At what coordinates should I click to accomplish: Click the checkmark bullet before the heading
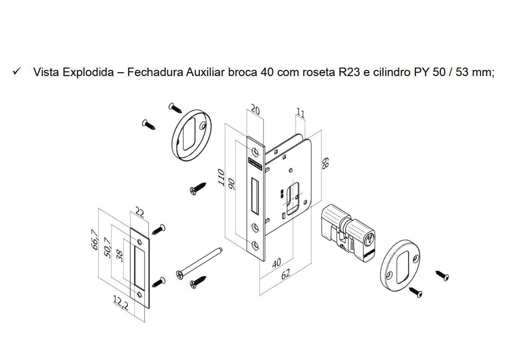coord(16,71)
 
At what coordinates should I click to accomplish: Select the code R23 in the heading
coord(349,72)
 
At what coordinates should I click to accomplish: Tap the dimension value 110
coord(221,178)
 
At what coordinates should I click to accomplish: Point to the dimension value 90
coord(231,184)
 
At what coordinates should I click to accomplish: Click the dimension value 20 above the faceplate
coord(255,110)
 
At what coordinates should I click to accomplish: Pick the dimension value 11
coord(301,113)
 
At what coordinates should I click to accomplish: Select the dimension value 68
coord(325,163)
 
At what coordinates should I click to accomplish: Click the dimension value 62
coord(286,274)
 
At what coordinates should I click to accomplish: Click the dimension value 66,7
coord(94,240)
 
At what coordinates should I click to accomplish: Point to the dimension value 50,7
coord(107,248)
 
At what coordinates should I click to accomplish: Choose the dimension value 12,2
coord(121,303)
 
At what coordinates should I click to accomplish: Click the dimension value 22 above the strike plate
coord(139,213)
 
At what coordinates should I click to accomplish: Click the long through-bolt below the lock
coord(199,263)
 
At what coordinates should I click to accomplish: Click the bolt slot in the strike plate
coord(139,268)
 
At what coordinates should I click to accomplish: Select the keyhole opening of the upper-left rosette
coord(189,134)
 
